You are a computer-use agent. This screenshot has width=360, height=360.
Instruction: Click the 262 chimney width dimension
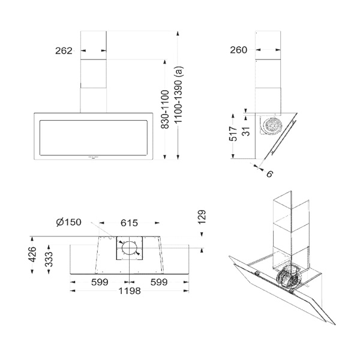tap(64, 51)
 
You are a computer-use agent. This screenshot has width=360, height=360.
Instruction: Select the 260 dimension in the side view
tap(239, 50)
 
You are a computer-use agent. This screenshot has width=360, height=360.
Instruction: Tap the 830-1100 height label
tap(165, 110)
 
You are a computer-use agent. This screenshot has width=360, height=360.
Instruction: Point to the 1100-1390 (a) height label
tap(178, 95)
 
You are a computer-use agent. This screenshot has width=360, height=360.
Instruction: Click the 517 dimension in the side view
tap(233, 134)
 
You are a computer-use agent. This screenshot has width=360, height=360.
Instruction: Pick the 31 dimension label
tap(246, 131)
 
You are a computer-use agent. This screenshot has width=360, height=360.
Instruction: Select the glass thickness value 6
tap(269, 174)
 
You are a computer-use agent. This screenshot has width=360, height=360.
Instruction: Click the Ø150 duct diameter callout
tap(68, 222)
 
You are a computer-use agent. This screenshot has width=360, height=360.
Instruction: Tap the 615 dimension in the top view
tap(129, 223)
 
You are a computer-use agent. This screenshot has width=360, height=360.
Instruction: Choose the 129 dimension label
tap(202, 217)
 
